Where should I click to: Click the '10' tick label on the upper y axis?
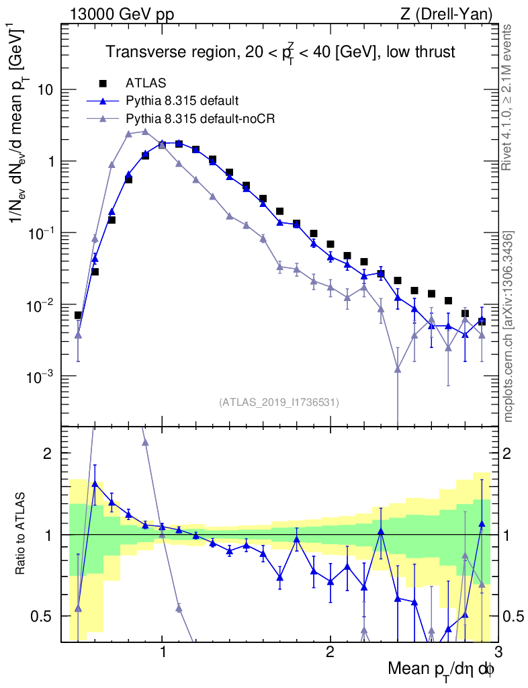point(44,90)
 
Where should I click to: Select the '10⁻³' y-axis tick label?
point(40,377)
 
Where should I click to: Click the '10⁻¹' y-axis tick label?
point(40,233)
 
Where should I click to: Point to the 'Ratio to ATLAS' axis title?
point(22,534)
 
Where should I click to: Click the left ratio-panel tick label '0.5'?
point(43,616)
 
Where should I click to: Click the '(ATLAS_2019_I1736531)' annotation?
point(279,402)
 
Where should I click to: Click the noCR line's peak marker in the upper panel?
point(145,132)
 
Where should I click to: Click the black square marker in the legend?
point(103,83)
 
